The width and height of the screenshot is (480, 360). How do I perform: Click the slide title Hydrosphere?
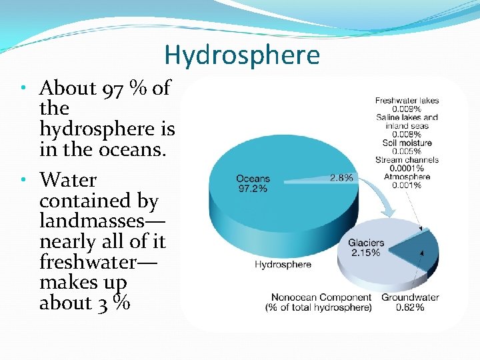pos(241,55)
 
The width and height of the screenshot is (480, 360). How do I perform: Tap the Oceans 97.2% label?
pos(253,183)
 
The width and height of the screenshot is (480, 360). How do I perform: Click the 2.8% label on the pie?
pos(342,178)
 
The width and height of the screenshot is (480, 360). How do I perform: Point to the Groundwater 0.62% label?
pos(409,302)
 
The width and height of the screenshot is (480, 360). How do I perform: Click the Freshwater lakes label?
pos(407,101)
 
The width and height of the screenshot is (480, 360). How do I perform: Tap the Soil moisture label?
pos(407,143)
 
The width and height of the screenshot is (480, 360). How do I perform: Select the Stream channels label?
pos(407,160)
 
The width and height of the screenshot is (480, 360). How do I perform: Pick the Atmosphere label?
pos(407,177)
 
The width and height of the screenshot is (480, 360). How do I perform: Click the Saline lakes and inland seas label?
pos(407,121)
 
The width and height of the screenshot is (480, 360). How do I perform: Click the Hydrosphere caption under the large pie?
pos(283,265)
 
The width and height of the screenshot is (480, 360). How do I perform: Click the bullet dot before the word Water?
pos(23,180)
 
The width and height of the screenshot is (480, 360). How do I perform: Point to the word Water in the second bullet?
pos(68,180)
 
